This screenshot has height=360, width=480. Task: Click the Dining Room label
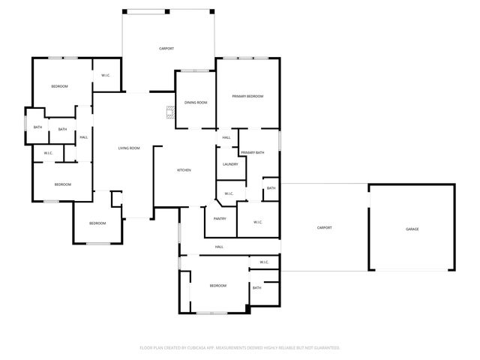click(196, 103)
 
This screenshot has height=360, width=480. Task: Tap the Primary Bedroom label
click(247, 97)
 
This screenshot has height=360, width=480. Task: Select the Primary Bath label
click(253, 153)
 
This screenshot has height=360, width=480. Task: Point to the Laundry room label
click(230, 164)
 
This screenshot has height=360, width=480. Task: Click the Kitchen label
click(184, 170)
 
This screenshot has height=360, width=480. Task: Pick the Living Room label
click(129, 148)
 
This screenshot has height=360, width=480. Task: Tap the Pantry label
click(220, 219)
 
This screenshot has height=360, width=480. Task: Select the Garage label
click(412, 229)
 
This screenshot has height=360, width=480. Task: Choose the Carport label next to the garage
click(324, 227)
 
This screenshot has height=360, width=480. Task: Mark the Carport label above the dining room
click(166, 49)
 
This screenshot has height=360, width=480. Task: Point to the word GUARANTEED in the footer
click(323, 348)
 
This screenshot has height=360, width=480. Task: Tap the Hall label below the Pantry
click(219, 247)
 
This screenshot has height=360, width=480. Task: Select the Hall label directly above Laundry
click(226, 138)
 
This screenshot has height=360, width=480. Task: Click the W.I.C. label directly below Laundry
click(229, 194)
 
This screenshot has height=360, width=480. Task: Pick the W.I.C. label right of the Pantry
click(257, 222)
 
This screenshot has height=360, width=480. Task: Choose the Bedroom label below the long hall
click(217, 286)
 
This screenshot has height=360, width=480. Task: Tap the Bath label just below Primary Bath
click(271, 188)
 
